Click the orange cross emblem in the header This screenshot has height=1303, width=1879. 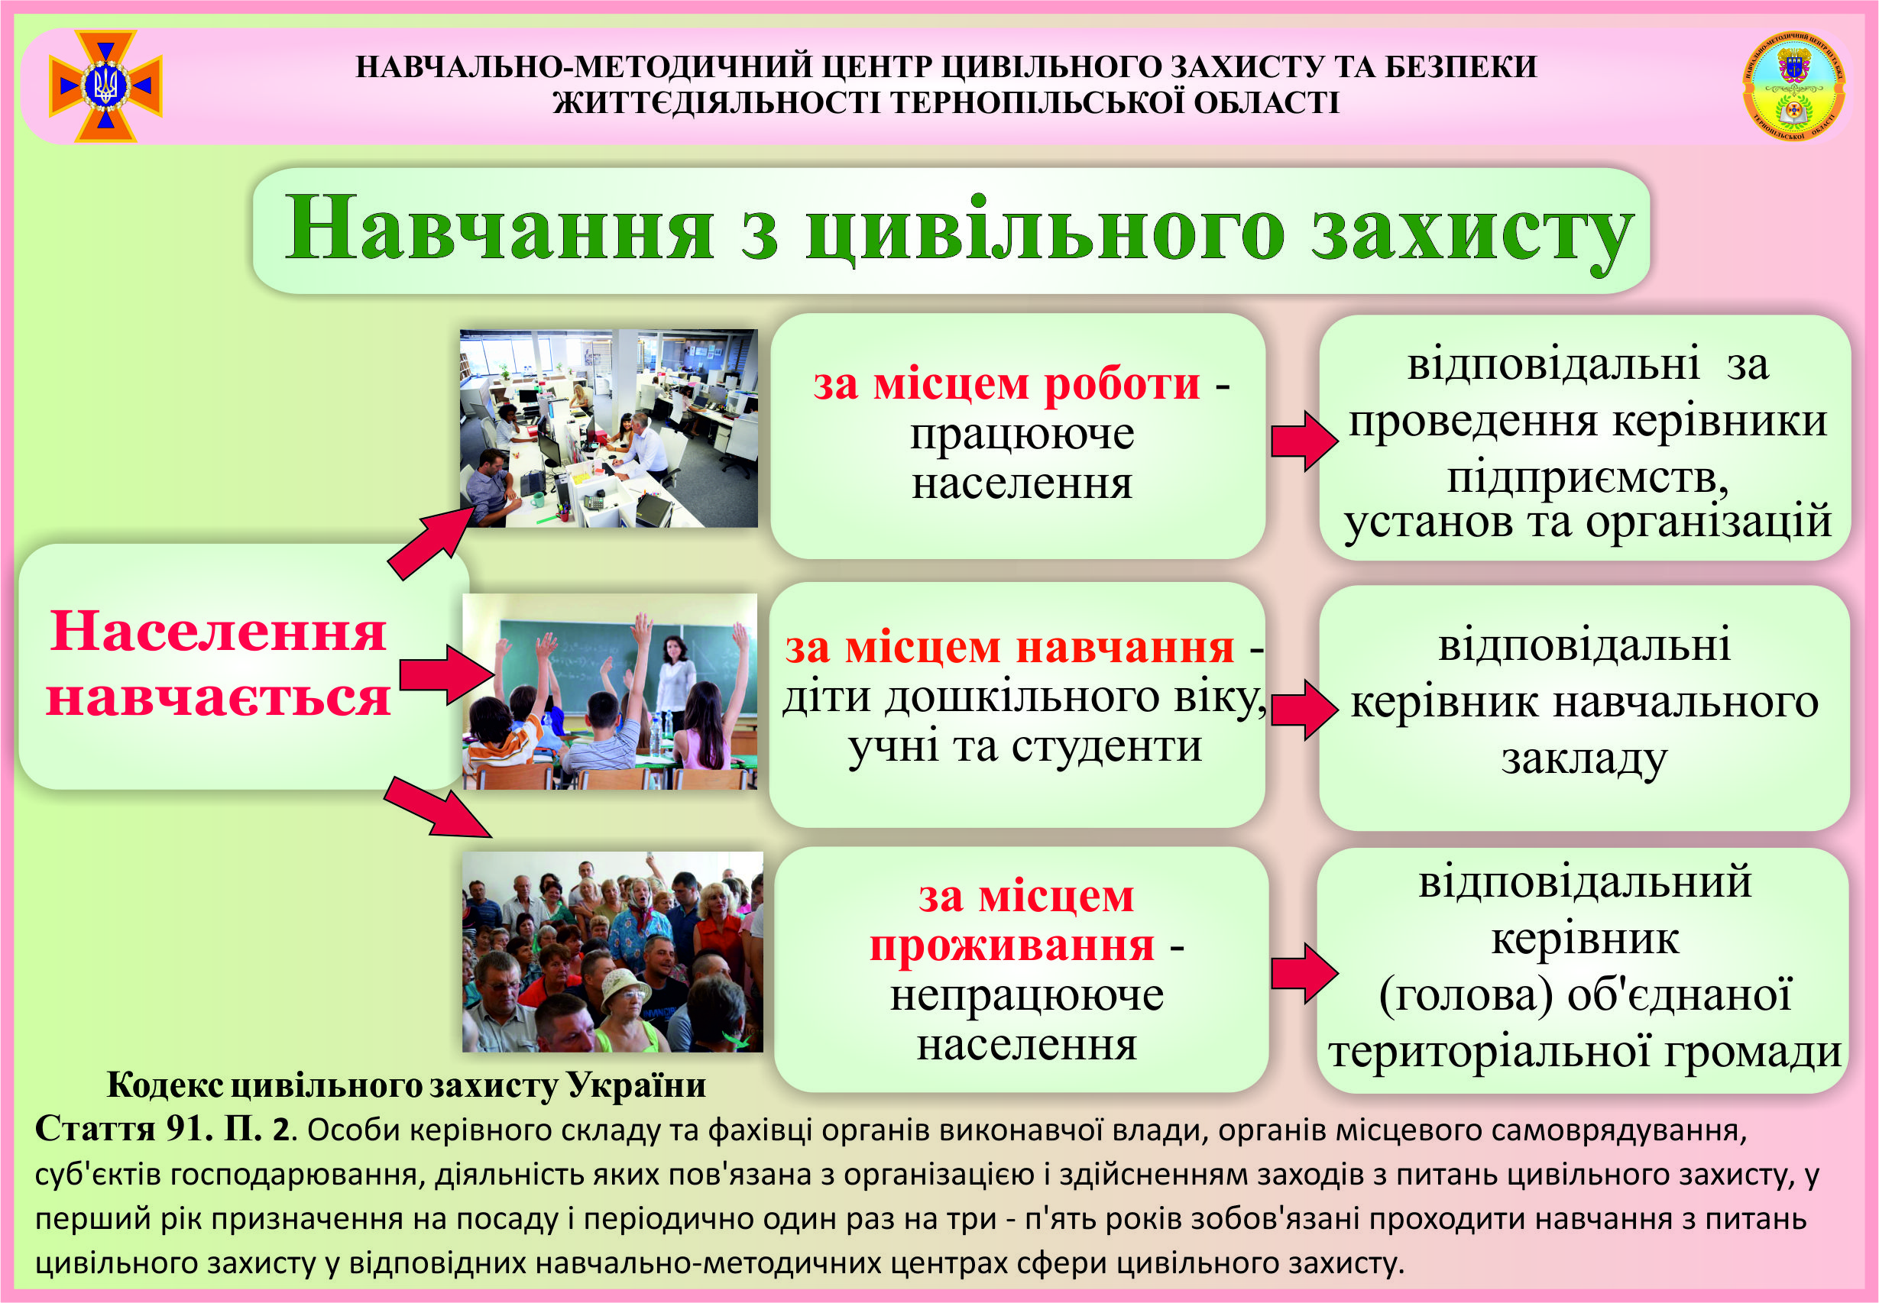105,86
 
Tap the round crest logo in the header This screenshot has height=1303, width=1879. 1793,86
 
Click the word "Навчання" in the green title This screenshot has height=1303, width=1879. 499,230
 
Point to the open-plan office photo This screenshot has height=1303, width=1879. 608,428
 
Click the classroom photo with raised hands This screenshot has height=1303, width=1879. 609,691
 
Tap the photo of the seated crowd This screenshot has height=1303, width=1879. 612,952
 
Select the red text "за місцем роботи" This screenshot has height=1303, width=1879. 1006,383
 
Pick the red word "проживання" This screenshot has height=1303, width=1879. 1012,947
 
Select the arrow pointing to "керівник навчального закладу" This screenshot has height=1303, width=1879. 1304,710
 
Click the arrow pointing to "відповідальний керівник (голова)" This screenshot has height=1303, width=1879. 1304,973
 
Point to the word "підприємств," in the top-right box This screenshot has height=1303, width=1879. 1587,477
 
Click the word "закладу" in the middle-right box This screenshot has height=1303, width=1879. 1584,759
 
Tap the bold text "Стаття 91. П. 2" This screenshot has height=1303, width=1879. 162,1129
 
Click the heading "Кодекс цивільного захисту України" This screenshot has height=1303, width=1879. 406,1086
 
